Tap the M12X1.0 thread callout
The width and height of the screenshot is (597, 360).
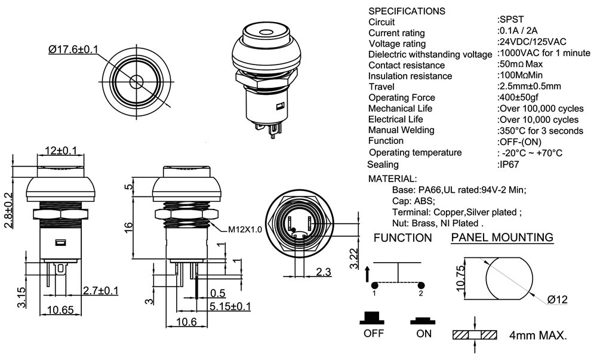pyautogui.click(x=244, y=229)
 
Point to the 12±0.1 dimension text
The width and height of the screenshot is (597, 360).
pyautogui.click(x=61, y=149)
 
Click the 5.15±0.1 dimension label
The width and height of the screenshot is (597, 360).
pyautogui.click(x=230, y=306)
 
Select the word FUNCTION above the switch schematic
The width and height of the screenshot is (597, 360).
pyautogui.click(x=402, y=238)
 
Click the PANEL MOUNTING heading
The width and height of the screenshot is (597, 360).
pyautogui.click(x=501, y=238)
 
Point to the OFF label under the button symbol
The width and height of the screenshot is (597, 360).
pyautogui.click(x=374, y=334)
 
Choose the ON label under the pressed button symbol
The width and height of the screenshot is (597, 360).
pyautogui.click(x=424, y=334)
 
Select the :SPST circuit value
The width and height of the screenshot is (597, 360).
pyautogui.click(x=509, y=21)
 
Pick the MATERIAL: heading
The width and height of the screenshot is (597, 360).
pyautogui.click(x=392, y=179)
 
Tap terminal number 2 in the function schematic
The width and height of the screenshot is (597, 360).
pyautogui.click(x=420, y=293)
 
